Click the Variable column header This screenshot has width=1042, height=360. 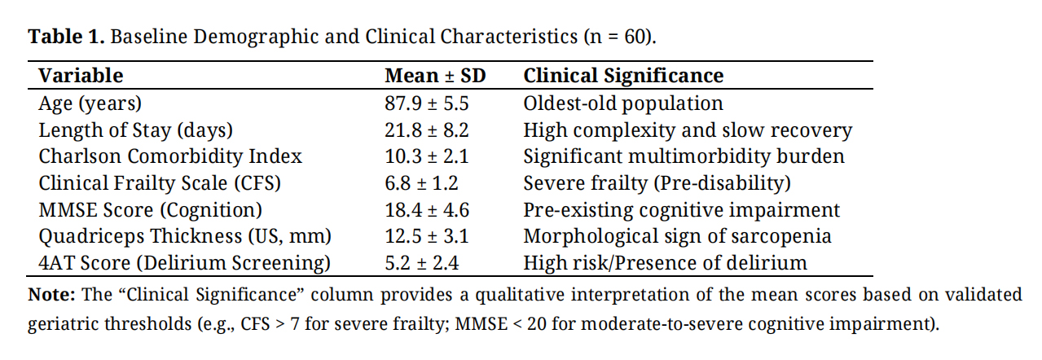click(81, 76)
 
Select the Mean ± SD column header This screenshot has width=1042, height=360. click(435, 76)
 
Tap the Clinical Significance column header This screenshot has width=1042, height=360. click(623, 76)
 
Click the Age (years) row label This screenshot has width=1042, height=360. click(90, 103)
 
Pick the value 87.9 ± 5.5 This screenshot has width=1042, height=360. click(427, 103)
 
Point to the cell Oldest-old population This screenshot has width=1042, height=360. click(623, 103)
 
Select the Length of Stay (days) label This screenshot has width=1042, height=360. click(135, 130)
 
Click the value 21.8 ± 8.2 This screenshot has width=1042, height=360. click(427, 130)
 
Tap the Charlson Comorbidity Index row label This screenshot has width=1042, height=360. click(170, 156)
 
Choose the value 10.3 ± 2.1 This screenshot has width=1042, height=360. click(427, 156)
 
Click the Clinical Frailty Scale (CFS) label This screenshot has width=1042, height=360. click(160, 183)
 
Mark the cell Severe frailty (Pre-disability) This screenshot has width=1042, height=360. click(657, 183)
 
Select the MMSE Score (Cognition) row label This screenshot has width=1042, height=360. click(150, 210)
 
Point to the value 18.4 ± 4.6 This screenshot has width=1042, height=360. click(427, 210)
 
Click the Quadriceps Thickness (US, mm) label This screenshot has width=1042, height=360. click(185, 236)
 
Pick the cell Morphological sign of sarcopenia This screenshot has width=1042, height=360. click(677, 236)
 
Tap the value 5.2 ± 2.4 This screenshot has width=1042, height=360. click(421, 263)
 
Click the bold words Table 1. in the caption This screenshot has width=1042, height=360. click(66, 37)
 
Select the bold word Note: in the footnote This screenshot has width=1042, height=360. click(51, 294)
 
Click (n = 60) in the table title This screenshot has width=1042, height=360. click(618, 37)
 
